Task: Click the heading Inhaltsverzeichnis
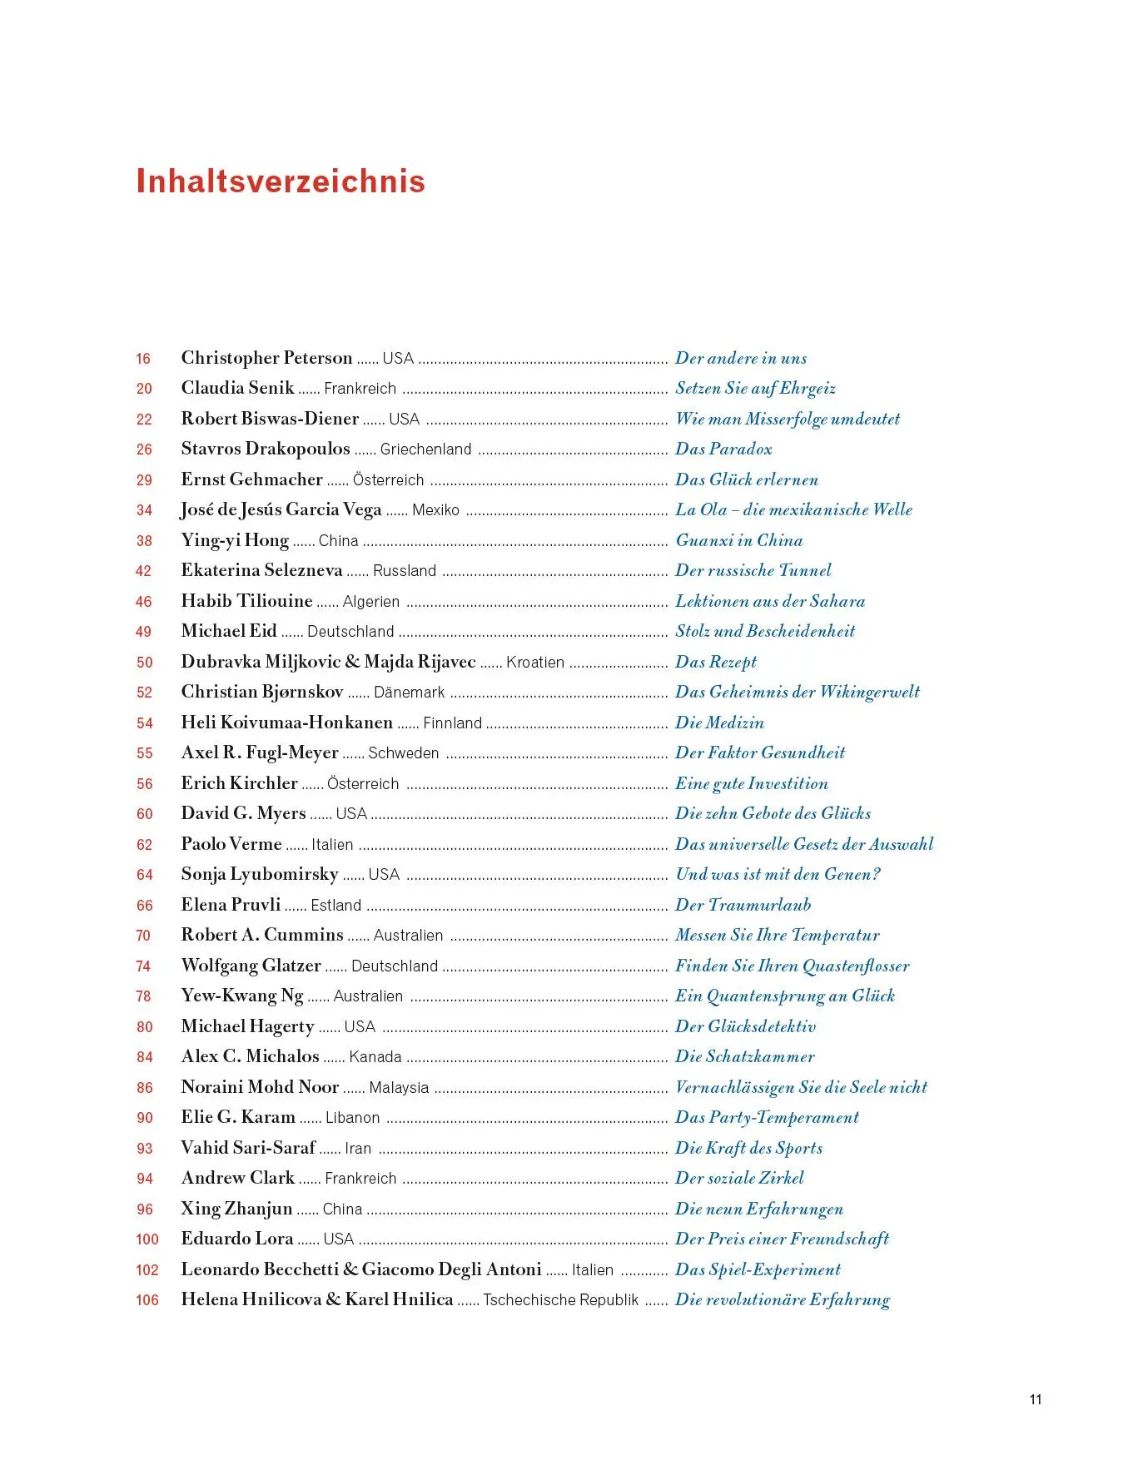click(x=281, y=181)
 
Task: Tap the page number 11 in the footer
click(x=1036, y=1399)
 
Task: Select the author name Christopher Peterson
click(x=266, y=358)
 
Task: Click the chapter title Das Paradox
click(x=723, y=449)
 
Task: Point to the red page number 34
click(x=144, y=510)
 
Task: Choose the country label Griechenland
click(x=425, y=449)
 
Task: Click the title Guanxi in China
click(x=739, y=540)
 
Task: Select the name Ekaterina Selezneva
click(x=261, y=570)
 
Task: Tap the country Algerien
click(x=371, y=601)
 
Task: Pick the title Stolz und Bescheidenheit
click(x=765, y=631)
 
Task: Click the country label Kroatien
click(x=535, y=662)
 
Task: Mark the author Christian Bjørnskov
click(x=262, y=692)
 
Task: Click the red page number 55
click(x=144, y=753)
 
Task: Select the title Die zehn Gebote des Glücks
click(x=773, y=813)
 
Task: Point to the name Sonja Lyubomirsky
click(x=260, y=874)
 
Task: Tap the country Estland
click(x=336, y=905)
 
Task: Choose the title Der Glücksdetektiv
click(x=745, y=1026)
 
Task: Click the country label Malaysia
click(x=399, y=1087)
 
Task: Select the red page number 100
click(x=147, y=1239)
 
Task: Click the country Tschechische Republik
click(x=561, y=1299)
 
